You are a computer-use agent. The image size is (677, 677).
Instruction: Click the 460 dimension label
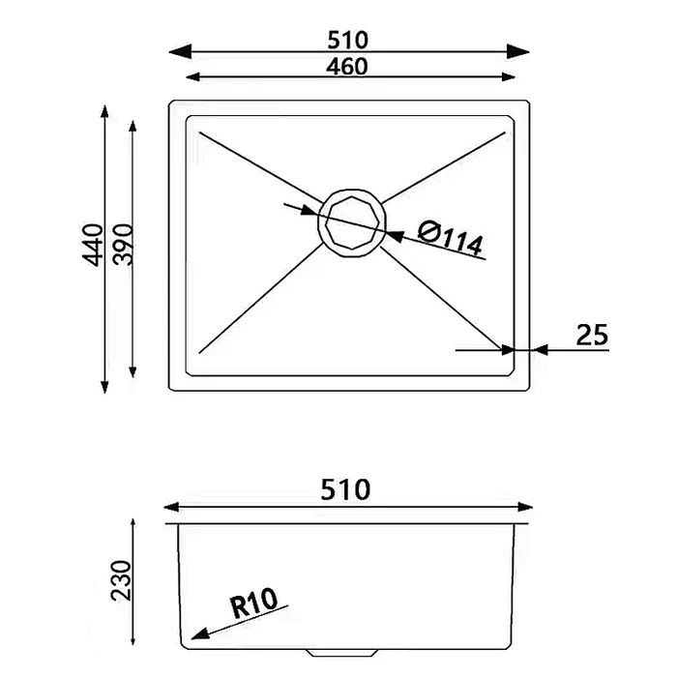pyautogui.click(x=346, y=67)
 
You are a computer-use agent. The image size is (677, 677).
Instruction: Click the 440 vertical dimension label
pyautogui.click(x=93, y=245)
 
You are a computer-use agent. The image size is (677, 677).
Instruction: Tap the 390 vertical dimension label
pyautogui.click(x=123, y=244)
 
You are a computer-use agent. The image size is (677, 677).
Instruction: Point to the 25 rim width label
pyautogui.click(x=592, y=335)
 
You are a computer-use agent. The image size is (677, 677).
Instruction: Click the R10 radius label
pyautogui.click(x=253, y=603)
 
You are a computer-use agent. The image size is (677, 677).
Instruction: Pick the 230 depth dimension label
pyautogui.click(x=121, y=580)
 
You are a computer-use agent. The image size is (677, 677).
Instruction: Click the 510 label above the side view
pyautogui.click(x=345, y=489)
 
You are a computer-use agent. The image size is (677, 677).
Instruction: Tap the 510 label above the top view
pyautogui.click(x=347, y=41)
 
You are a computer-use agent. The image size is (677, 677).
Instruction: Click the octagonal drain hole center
pyautogui.click(x=352, y=222)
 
